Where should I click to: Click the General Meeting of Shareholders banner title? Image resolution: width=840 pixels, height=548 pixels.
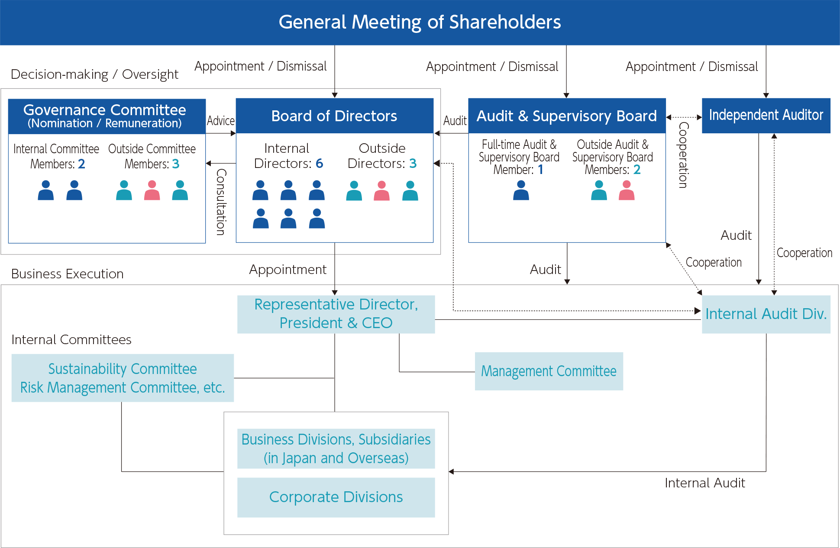420,22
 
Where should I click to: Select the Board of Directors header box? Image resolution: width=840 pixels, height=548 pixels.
334,116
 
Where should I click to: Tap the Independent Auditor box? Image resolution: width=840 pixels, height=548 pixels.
766,115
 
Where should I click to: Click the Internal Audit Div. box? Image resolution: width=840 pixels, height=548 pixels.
766,314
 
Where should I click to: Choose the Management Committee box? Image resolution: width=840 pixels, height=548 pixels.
549,371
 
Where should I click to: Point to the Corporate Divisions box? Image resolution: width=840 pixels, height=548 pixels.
336,497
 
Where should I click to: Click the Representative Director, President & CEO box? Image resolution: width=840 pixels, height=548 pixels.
336,314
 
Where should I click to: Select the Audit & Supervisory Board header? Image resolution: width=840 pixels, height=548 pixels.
567,116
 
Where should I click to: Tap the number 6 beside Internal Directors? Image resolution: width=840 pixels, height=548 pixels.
320,163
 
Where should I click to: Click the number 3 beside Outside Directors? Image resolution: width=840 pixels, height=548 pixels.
413,163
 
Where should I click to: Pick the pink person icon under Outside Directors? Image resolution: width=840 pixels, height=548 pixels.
382,191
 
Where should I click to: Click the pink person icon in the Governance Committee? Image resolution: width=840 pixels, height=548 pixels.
152,190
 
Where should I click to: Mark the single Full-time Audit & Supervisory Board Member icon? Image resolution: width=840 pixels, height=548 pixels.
521,190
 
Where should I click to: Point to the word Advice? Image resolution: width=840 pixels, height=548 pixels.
221,120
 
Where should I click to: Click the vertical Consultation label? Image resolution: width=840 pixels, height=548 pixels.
221,202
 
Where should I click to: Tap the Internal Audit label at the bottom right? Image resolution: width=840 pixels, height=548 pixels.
705,483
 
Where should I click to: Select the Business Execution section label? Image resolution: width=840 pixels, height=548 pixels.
68,274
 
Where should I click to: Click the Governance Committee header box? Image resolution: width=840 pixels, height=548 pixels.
107,116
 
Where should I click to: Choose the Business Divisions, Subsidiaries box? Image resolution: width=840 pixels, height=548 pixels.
336,448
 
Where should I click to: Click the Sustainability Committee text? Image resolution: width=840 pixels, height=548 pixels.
123,369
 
